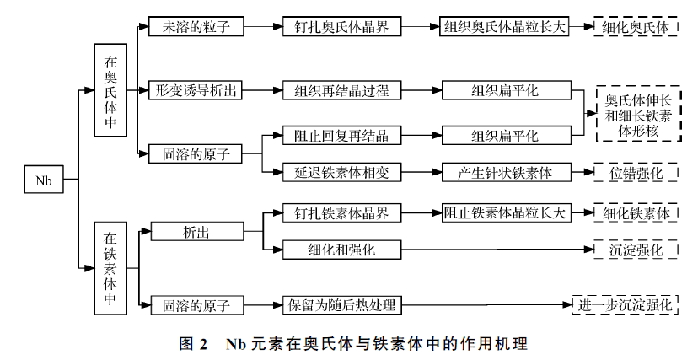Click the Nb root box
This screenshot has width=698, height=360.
[x=44, y=180]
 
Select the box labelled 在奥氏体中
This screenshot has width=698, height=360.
[x=110, y=90]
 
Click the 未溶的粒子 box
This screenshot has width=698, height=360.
[x=196, y=26]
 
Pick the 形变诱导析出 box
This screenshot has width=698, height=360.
[x=196, y=89]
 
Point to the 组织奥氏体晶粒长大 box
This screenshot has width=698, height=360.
[x=505, y=26]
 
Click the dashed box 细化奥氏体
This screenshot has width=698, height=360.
[x=636, y=27]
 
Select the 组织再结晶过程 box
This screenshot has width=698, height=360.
[x=341, y=89]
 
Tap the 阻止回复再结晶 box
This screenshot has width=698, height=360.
[x=341, y=135]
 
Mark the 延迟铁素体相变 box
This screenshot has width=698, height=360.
[x=341, y=173]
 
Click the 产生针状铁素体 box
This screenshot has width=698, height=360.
[x=504, y=173]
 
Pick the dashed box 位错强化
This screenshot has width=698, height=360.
[x=636, y=173]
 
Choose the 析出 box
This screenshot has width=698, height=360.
[x=196, y=231]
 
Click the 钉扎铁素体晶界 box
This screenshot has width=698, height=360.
[x=341, y=212]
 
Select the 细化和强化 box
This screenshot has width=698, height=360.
[x=341, y=250]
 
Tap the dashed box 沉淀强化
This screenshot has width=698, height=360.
[x=636, y=250]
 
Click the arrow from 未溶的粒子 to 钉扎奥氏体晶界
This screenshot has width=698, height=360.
[x=263, y=26]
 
